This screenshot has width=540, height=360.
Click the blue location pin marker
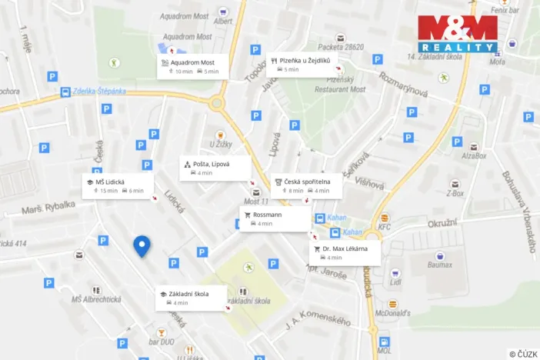(142, 246)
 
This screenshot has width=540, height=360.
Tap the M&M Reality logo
(458, 33)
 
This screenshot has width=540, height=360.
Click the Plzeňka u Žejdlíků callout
(305, 64)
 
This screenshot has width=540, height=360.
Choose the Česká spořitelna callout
(306, 185)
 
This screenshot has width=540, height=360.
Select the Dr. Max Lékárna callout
(345, 252)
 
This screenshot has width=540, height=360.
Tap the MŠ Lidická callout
(118, 185)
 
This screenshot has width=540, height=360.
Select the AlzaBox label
(474, 155)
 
